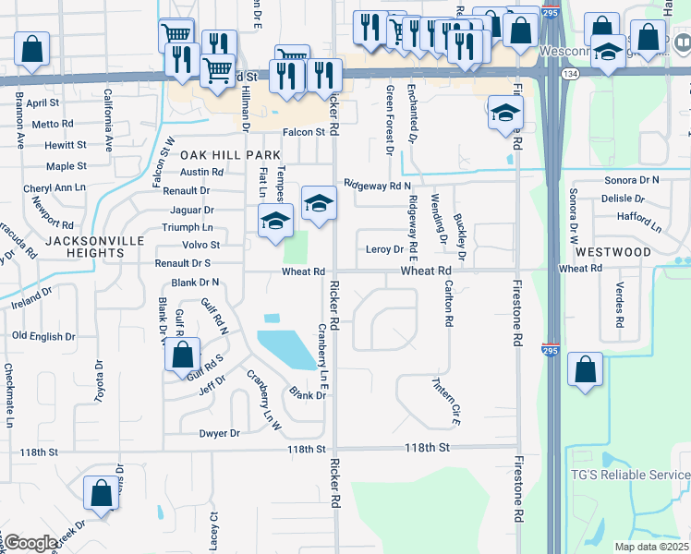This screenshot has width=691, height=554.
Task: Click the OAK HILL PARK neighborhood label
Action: click(x=217, y=154)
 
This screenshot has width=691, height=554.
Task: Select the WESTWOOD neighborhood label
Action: click(x=612, y=251)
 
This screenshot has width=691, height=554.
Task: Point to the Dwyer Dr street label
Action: click(x=219, y=433)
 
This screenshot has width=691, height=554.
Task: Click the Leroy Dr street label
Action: click(x=384, y=249)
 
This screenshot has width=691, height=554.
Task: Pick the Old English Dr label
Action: click(x=44, y=336)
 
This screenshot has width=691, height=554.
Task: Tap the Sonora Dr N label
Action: click(x=631, y=180)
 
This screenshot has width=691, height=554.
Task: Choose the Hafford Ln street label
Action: click(x=639, y=221)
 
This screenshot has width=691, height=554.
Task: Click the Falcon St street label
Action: click(x=305, y=132)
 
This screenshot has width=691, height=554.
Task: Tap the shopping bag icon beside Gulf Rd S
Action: click(x=184, y=355)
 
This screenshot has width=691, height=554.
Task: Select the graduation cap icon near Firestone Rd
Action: click(x=505, y=114)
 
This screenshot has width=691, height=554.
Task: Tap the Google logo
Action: click(x=30, y=543)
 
